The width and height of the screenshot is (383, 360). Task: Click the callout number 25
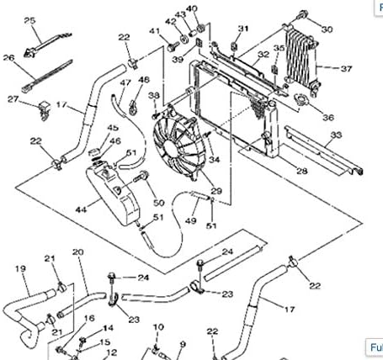pyautogui.click(x=29, y=19)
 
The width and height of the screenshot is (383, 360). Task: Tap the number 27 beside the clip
pyautogui.click(x=13, y=99)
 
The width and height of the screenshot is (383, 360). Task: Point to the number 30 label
pyautogui.click(x=327, y=29)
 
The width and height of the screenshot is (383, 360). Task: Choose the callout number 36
pyautogui.click(x=327, y=117)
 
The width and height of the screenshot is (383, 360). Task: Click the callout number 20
pyautogui.click(x=77, y=251)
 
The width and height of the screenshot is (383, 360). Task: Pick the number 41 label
pyautogui.click(x=154, y=31)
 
